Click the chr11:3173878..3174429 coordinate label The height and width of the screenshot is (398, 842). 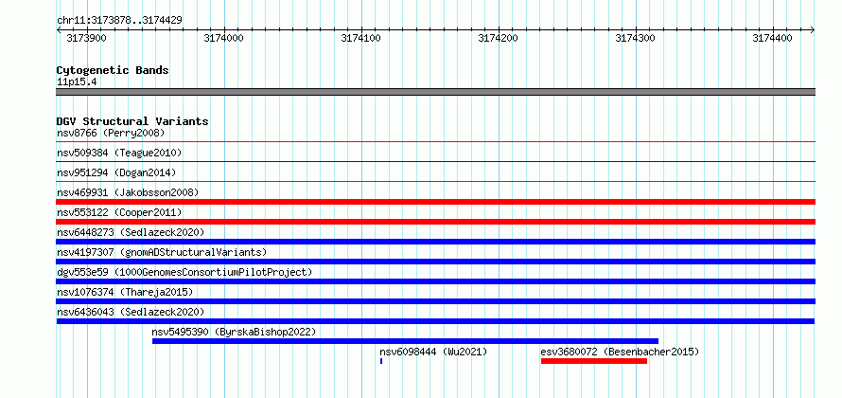click(x=119, y=20)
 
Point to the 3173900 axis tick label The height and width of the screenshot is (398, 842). click(x=86, y=38)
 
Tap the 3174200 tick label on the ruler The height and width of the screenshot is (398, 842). click(x=499, y=38)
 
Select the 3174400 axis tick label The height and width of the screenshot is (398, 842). click(x=772, y=38)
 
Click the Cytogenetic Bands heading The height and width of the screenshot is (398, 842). click(x=113, y=70)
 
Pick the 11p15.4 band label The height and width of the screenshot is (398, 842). click(x=77, y=82)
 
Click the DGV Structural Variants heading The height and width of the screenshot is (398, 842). click(x=132, y=121)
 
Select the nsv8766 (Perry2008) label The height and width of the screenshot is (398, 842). click(x=111, y=133)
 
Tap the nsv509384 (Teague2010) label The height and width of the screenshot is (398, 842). click(x=119, y=153)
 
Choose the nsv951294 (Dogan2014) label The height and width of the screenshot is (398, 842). click(x=116, y=172)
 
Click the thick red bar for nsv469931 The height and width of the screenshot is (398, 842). click(x=436, y=202)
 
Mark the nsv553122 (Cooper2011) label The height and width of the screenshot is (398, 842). click(x=119, y=212)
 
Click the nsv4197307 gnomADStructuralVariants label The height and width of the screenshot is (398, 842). click(x=162, y=252)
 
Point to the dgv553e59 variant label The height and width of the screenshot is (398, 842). click(x=184, y=272)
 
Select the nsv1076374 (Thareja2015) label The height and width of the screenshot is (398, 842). click(x=125, y=292)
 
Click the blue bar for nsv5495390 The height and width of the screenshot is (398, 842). click(x=406, y=341)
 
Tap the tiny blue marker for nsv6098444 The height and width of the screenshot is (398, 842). click(x=381, y=361)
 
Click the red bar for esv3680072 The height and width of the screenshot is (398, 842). click(x=594, y=361)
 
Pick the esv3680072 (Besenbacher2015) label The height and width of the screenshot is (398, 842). click(x=620, y=352)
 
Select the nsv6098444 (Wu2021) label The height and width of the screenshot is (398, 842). click(x=433, y=352)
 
